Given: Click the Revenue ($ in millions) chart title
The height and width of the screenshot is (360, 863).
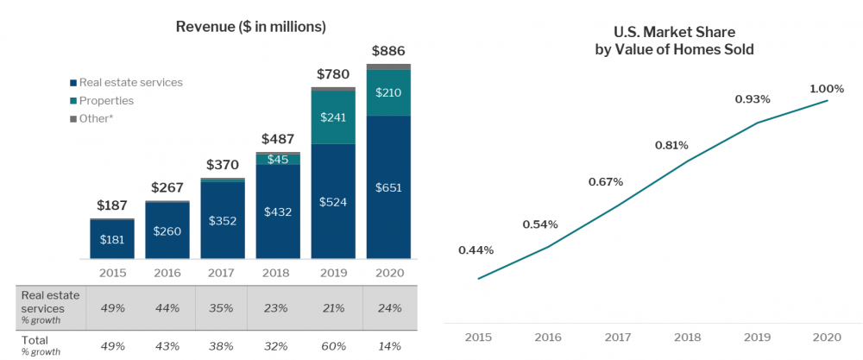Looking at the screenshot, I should (x=250, y=27).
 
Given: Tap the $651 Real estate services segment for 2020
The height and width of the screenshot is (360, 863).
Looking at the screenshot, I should (x=388, y=187).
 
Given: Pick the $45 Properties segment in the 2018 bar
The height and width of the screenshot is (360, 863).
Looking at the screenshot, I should (x=278, y=159).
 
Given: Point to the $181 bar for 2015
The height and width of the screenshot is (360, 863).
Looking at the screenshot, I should (x=112, y=239).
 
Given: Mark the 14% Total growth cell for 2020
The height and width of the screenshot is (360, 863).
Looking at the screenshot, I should (x=388, y=346).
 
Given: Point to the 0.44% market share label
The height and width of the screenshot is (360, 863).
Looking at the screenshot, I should (x=476, y=250).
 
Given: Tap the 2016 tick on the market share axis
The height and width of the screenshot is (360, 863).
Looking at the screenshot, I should (x=548, y=337).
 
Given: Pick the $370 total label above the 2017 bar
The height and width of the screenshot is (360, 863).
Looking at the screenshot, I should (x=223, y=164).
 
